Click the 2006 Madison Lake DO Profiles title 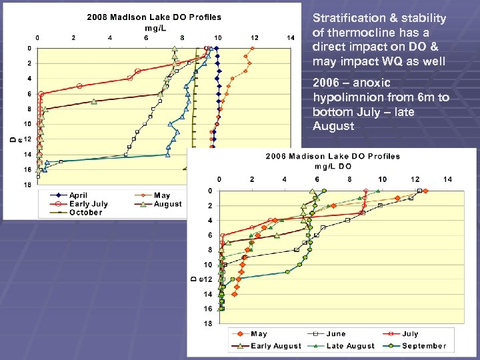point(333,156)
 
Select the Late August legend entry point(347,346)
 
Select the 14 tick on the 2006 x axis point(447,179)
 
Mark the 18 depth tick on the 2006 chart point(207,323)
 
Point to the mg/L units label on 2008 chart point(155,27)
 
